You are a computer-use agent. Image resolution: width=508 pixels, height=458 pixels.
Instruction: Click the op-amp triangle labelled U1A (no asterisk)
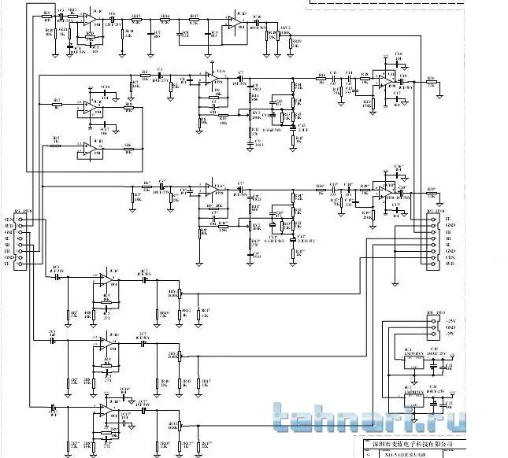(207, 80)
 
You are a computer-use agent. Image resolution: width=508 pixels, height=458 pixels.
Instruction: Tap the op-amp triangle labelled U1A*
(207, 192)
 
